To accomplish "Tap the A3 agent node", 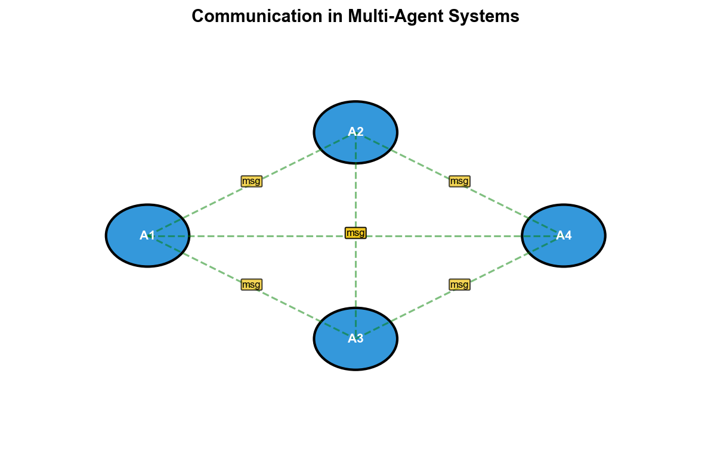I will pos(334,352).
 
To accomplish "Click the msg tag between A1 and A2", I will pos(251,181).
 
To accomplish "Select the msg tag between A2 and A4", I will pos(459,181).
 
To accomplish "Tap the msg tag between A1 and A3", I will pos(251,284).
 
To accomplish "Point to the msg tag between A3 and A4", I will pos(459,284).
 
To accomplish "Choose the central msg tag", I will pos(355,232).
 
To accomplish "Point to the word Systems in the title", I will pos(491,17).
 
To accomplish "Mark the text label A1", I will pos(147,235).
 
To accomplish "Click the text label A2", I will pos(355,132).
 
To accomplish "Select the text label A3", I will pos(355,338).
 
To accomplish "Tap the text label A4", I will pos(564,235).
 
